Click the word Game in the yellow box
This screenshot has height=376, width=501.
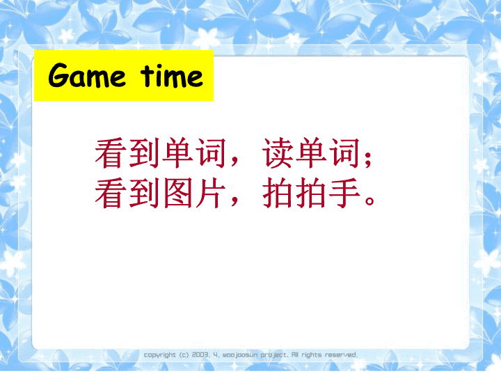coord(87,75)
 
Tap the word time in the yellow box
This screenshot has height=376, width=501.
coord(172,76)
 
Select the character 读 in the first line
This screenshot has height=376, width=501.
coord(278,152)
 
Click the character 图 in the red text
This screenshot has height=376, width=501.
coord(178,193)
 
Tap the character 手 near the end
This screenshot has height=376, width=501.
coord(344,193)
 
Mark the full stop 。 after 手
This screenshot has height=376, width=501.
coord(369,201)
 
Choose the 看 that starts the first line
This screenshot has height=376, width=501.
coord(110,152)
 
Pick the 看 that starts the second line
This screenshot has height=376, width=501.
coord(110,193)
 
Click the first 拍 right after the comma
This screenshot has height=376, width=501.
coord(278,193)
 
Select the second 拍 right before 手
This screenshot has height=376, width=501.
coord(310,193)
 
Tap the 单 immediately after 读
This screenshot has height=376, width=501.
coord(312,152)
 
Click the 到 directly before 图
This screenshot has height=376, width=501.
coord(144,193)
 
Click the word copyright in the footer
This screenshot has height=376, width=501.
coord(160,355)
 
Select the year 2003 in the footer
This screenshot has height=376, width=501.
coord(200,354)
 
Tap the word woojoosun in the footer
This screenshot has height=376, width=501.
coord(240,355)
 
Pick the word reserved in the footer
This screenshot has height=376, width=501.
coord(341,354)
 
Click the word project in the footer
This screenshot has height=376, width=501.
coord(274,355)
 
